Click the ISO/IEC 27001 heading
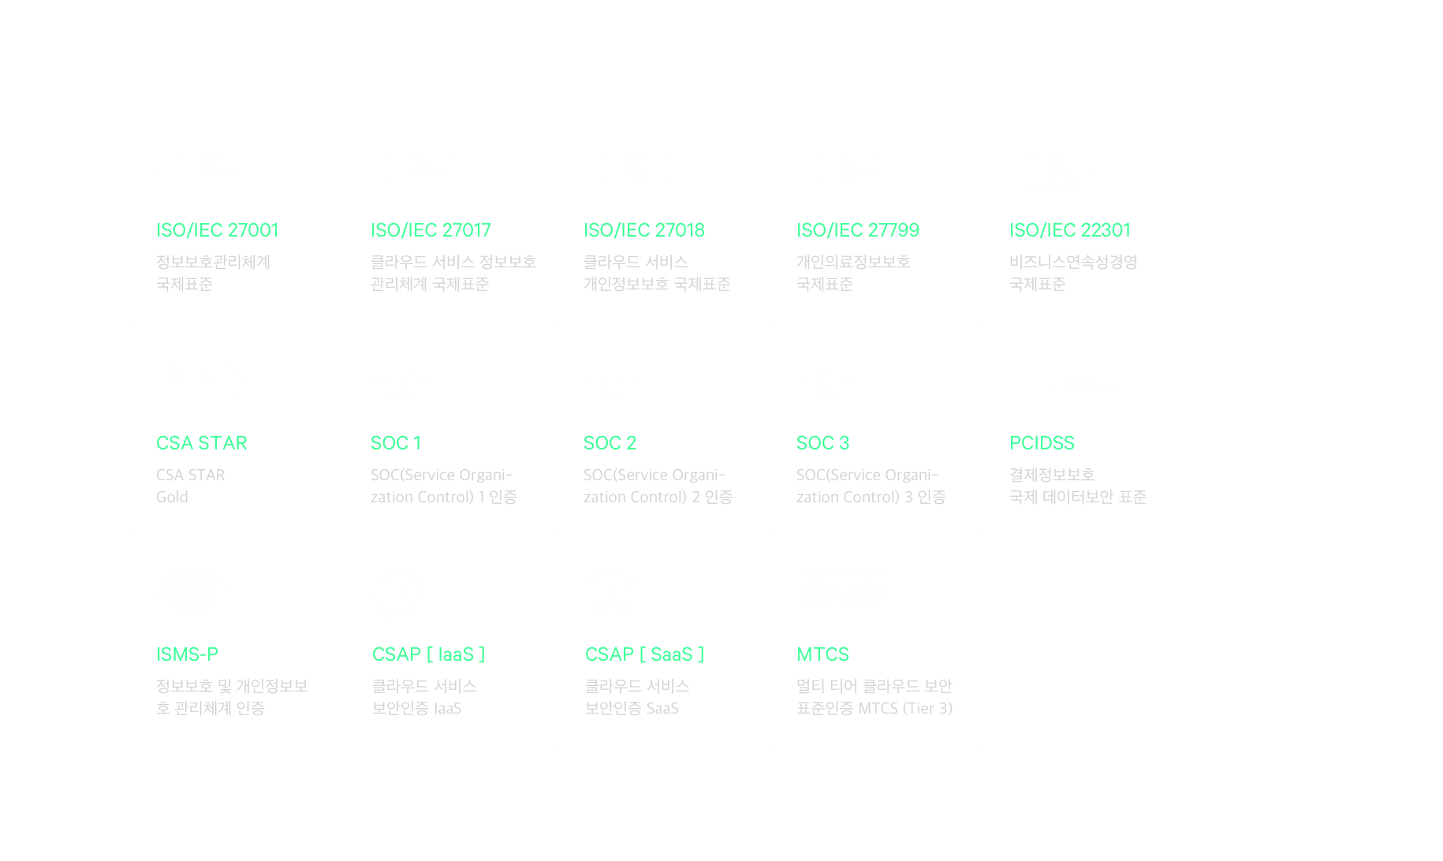[217, 230]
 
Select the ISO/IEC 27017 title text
[431, 230]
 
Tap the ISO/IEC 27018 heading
[643, 230]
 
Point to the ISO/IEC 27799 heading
[857, 230]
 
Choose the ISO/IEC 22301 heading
[1069, 230]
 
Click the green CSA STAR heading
[201, 443]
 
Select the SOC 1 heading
[395, 443]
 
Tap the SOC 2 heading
[610, 443]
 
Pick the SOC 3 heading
[822, 443]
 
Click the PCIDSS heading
[1042, 443]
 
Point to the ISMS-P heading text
[187, 654]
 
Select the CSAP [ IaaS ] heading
[428, 654]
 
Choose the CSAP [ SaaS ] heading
[644, 654]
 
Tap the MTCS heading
[822, 654]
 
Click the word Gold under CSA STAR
[172, 498]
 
